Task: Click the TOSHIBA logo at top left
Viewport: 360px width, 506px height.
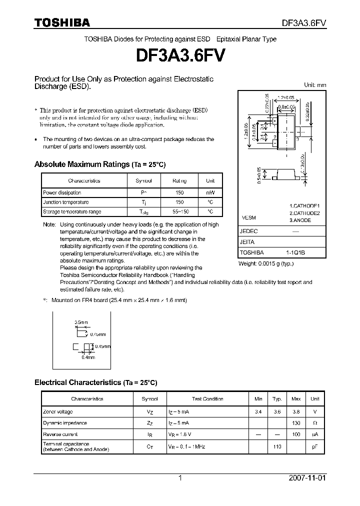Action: (x=62, y=22)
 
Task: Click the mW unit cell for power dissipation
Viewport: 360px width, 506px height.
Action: (x=210, y=192)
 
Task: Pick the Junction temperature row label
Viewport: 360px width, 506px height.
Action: (x=65, y=202)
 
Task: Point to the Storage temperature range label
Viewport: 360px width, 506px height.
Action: (x=72, y=212)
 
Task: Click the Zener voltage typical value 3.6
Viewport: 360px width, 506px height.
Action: (x=276, y=411)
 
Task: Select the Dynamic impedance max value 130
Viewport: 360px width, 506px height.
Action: (x=296, y=423)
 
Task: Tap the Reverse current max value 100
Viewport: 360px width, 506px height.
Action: (x=296, y=434)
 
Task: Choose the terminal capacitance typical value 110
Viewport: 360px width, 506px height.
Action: (x=276, y=446)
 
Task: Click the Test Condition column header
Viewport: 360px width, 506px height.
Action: (x=207, y=399)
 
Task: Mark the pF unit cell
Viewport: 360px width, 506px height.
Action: (x=315, y=446)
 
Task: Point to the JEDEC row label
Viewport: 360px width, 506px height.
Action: (x=248, y=232)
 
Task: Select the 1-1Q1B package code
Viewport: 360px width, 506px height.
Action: (x=295, y=252)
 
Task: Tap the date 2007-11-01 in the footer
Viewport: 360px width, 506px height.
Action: (x=307, y=478)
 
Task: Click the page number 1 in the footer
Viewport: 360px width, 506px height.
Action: (x=180, y=478)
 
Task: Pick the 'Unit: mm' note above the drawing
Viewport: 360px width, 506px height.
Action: (x=315, y=85)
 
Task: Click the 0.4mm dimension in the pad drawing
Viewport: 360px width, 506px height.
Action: (x=88, y=357)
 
